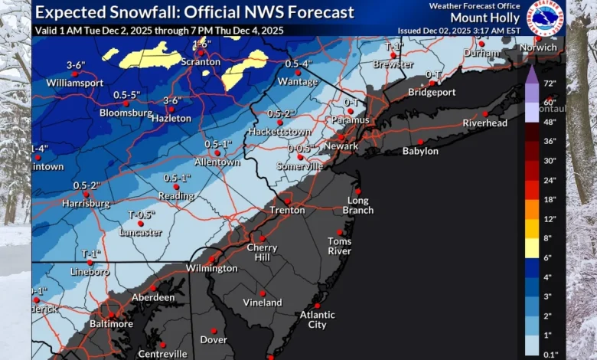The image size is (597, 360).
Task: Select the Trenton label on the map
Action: [287, 210]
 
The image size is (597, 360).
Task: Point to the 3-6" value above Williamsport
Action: [75, 65]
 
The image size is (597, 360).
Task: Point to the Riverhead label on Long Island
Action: [485, 123]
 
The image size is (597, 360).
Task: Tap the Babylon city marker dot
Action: [419, 142]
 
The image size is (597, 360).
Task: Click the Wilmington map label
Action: [211, 268]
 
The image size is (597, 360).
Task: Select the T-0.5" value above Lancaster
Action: [141, 214]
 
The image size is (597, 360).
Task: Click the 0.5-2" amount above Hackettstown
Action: [281, 113]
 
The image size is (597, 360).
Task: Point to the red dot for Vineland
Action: [263, 293]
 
